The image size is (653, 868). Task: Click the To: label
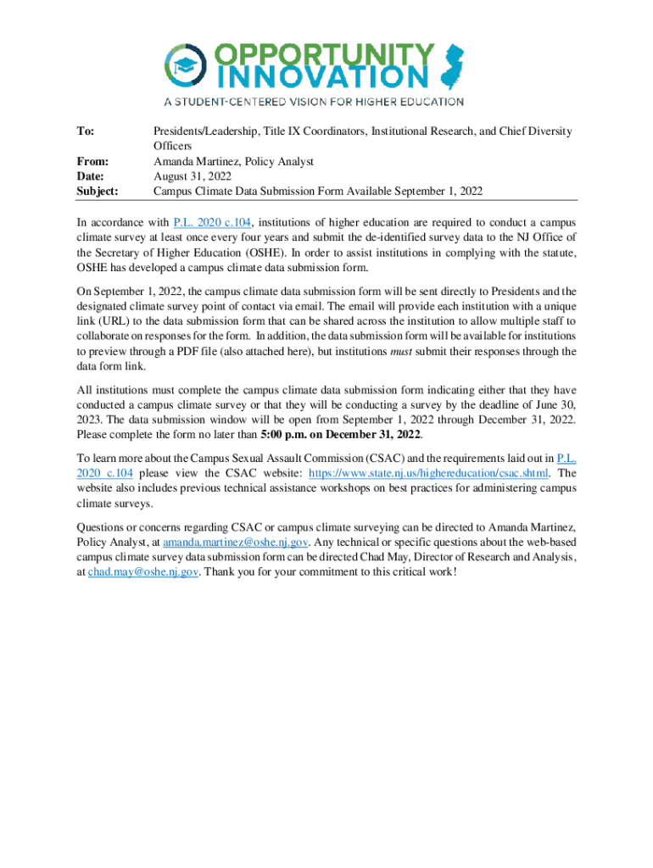point(85,131)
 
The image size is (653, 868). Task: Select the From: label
point(92,161)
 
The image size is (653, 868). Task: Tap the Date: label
point(90,176)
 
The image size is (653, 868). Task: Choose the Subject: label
point(98,192)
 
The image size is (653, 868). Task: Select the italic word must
point(401,351)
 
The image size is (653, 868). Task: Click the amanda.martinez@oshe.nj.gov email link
point(236,542)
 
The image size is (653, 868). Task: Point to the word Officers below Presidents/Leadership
point(172,146)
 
